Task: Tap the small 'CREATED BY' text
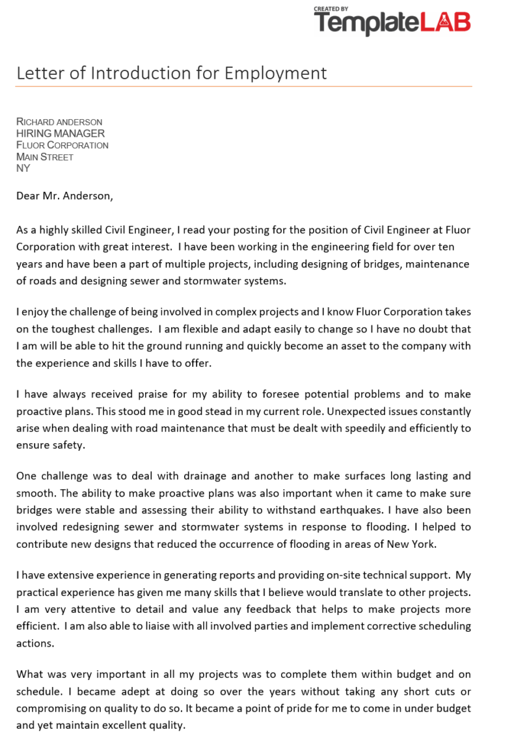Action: point(331,8)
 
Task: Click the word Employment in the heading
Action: point(276,73)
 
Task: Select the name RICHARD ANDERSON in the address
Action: point(59,122)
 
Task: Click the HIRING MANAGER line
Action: point(61,133)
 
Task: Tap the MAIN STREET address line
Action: point(45,157)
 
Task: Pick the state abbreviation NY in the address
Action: point(23,169)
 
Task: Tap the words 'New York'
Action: point(410,544)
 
